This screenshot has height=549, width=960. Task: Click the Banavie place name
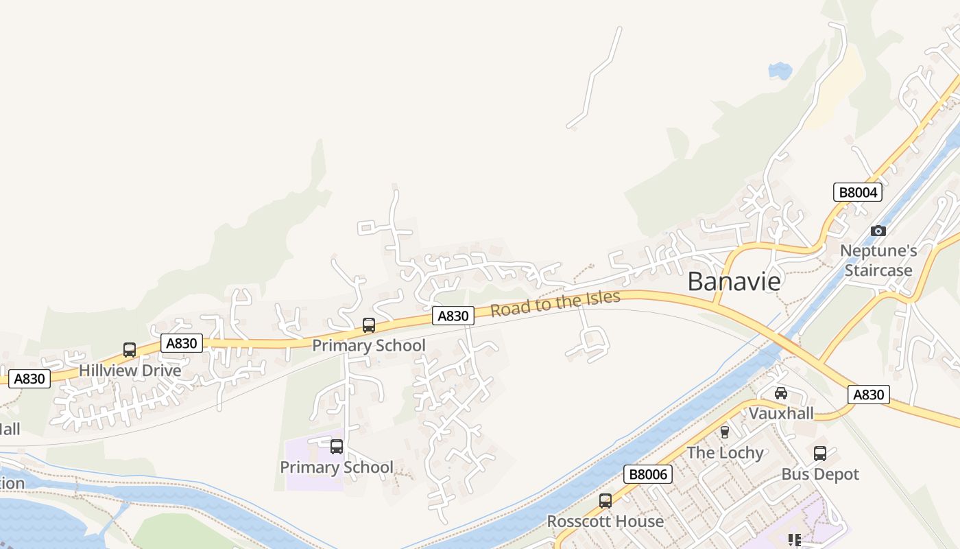734,281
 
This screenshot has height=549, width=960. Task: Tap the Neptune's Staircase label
878,261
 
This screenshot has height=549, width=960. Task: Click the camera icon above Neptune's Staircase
878,231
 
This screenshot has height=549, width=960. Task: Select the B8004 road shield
858,192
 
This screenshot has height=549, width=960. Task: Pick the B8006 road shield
648,474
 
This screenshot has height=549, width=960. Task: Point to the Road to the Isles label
555,303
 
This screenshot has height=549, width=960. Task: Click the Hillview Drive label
130,371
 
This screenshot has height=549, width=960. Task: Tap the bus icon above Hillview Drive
130,350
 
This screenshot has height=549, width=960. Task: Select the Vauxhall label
781,413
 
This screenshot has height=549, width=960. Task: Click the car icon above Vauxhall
780,393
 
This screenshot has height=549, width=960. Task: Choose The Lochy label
725,453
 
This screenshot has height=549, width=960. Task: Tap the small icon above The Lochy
725,432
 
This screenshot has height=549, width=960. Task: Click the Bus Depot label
820,474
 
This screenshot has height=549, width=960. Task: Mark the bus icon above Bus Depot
820,454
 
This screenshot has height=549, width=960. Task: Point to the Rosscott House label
605,522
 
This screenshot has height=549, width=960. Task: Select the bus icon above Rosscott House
605,501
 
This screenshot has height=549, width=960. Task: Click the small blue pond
780,70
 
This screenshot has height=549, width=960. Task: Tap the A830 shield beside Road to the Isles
453,316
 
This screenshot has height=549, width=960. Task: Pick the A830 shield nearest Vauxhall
869,395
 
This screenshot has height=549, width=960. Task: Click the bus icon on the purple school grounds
337,447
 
